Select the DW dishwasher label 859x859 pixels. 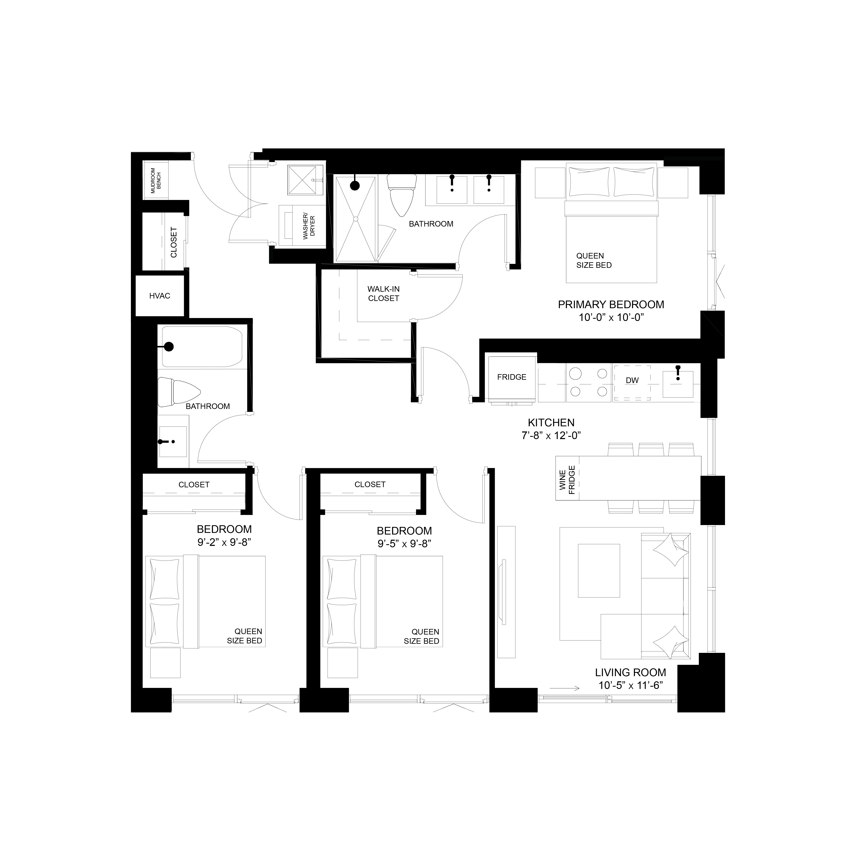[x=632, y=381]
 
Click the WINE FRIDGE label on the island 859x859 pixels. [x=567, y=480]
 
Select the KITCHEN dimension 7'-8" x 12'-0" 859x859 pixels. [x=551, y=436]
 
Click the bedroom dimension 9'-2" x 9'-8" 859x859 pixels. [x=224, y=542]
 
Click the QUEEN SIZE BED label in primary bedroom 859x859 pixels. [x=594, y=261]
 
